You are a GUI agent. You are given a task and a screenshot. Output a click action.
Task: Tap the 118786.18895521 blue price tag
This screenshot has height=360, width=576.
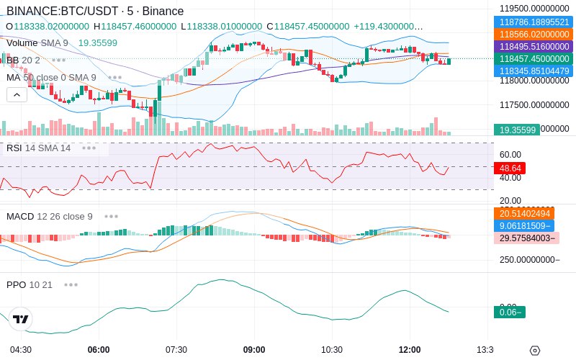(x=534, y=22)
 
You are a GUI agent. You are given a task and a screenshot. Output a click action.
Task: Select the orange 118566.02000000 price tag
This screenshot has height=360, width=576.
(x=534, y=34)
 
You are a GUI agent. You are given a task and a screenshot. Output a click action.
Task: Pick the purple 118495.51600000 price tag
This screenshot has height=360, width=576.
(x=534, y=46)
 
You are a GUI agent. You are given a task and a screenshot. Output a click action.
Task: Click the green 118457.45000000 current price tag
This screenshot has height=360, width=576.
(x=534, y=58)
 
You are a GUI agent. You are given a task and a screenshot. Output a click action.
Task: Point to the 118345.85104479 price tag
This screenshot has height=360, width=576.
(x=534, y=71)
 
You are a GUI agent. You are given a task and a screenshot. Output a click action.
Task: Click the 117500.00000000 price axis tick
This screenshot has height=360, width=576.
(x=534, y=105)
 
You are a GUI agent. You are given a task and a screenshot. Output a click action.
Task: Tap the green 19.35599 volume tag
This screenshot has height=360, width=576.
(x=516, y=130)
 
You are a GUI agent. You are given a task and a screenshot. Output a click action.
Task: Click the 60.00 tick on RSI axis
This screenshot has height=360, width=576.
(x=510, y=154)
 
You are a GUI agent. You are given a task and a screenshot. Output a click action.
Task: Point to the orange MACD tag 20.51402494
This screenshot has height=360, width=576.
(x=524, y=213)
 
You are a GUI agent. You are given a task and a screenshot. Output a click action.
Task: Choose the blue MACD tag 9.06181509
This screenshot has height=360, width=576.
(x=524, y=225)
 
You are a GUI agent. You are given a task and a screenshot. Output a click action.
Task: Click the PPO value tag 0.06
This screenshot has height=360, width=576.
(x=509, y=312)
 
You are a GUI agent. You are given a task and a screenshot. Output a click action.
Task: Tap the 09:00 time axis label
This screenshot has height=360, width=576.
(x=254, y=350)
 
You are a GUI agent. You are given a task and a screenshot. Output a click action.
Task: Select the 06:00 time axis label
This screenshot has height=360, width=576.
(x=99, y=350)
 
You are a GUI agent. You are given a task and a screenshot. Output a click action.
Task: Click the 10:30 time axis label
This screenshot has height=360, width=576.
(x=332, y=350)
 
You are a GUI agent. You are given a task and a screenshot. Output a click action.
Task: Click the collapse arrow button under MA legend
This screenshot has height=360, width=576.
(x=17, y=94)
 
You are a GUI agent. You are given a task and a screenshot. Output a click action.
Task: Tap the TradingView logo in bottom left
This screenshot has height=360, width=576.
(x=20, y=319)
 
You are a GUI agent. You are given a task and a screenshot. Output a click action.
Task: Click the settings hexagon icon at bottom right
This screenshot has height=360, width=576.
(x=534, y=351)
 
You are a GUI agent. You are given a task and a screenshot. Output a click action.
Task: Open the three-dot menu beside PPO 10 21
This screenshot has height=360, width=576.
(x=71, y=284)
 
